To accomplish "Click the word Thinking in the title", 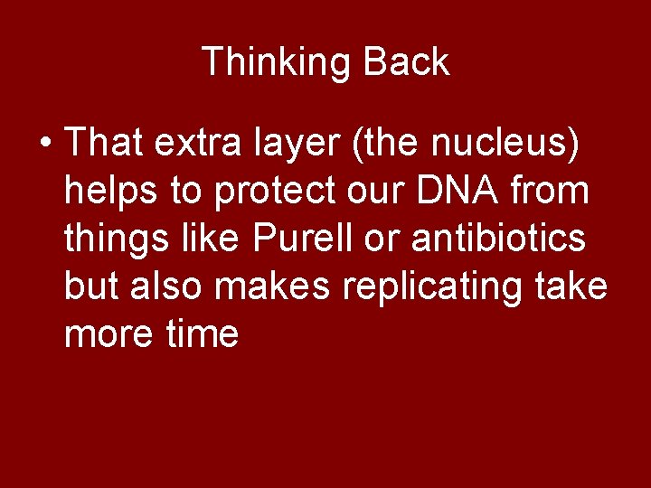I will click(x=277, y=62).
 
